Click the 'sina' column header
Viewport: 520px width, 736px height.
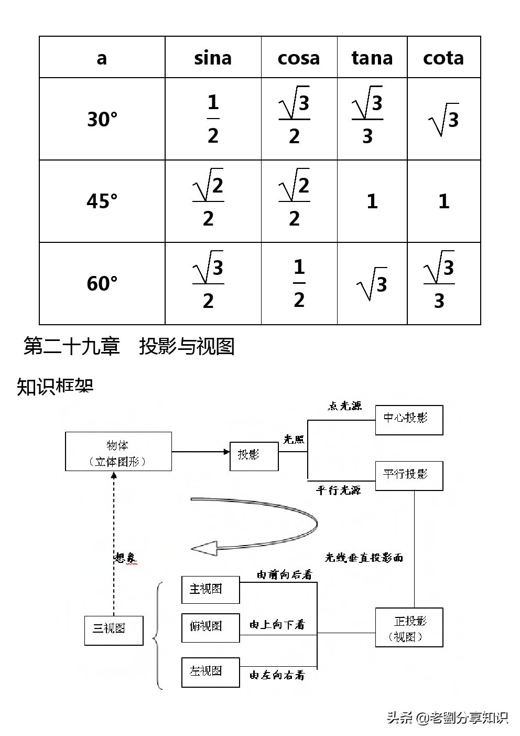(x=213, y=58)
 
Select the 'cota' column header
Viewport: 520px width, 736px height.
(x=443, y=58)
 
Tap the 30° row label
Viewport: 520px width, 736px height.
(x=102, y=119)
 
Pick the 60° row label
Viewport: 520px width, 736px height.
(x=102, y=284)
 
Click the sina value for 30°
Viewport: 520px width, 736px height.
(x=213, y=119)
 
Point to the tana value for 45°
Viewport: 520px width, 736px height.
(x=372, y=201)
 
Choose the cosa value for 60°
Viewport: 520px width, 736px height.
(x=299, y=284)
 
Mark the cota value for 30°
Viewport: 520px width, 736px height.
(x=443, y=120)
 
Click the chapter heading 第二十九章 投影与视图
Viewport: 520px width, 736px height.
(x=129, y=347)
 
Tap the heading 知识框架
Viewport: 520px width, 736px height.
(x=55, y=387)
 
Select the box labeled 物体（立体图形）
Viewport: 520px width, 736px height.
(x=118, y=452)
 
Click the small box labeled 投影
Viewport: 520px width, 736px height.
(x=254, y=455)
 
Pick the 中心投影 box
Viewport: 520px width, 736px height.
(x=409, y=420)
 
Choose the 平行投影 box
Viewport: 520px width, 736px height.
(x=409, y=476)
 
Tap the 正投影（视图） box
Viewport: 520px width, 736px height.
(x=409, y=627)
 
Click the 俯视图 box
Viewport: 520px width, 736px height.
(x=210, y=627)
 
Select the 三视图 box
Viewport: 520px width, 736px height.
(x=113, y=630)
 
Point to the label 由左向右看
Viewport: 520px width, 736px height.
(x=277, y=675)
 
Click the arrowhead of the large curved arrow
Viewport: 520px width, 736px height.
(x=204, y=549)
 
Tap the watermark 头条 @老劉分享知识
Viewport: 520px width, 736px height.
(x=447, y=717)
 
